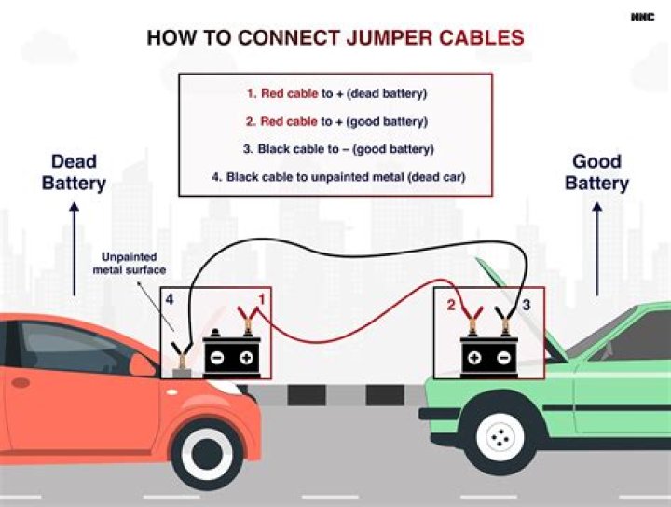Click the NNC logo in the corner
[642, 16]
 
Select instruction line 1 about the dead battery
[336, 94]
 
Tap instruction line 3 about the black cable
[336, 149]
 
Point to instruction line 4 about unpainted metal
[336, 176]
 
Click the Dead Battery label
[74, 172]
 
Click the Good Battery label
[596, 172]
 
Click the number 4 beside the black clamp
[169, 299]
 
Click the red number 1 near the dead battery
[262, 299]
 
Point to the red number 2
[450, 305]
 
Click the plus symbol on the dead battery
[247, 358]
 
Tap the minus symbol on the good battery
[502, 358]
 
